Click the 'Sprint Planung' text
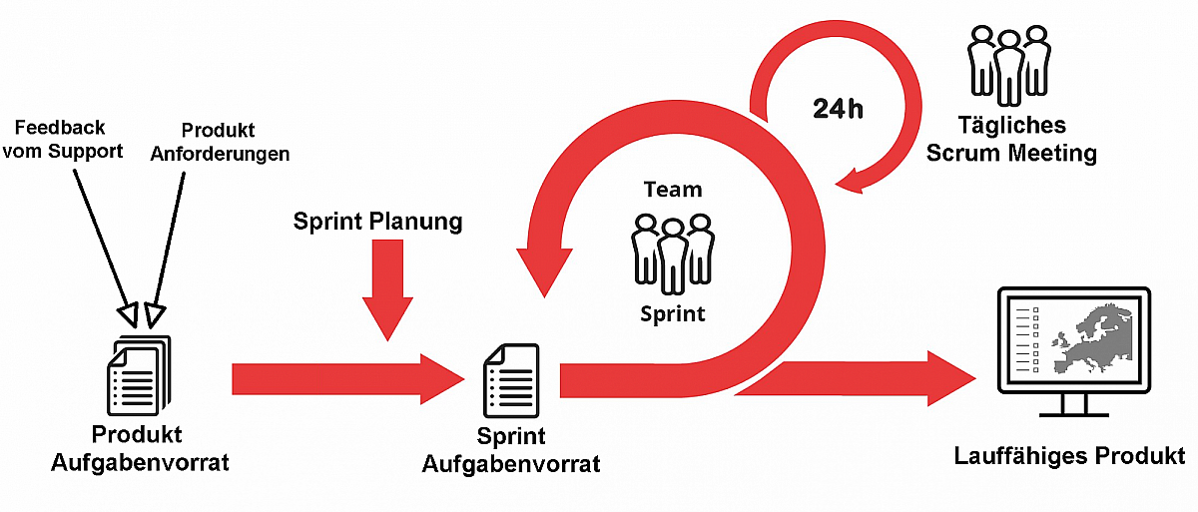tap(378, 222)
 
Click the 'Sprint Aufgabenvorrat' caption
tap(511, 450)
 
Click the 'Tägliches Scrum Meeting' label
tap(1011, 140)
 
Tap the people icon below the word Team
tap(674, 250)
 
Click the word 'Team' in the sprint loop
tap(673, 189)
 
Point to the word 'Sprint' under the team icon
tap(673, 313)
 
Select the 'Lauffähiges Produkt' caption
tap(1069, 457)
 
